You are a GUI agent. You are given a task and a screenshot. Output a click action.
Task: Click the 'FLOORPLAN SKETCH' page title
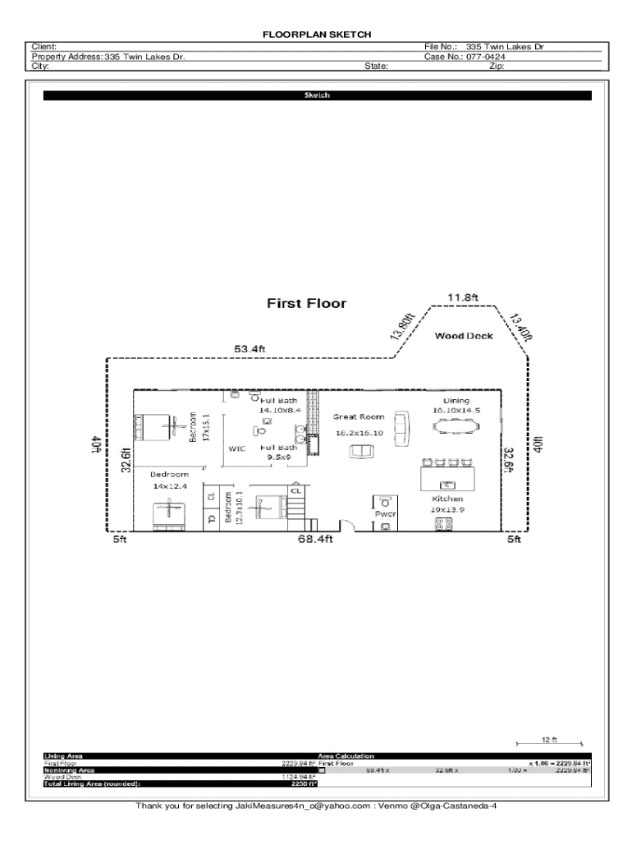[x=317, y=35]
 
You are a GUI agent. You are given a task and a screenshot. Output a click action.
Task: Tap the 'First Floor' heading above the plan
[x=306, y=304]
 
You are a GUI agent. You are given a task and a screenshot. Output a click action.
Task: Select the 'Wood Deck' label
[x=464, y=336]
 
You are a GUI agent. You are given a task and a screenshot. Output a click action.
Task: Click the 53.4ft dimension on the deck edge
[x=250, y=349]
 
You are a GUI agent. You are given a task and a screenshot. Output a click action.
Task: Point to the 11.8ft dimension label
[x=462, y=296]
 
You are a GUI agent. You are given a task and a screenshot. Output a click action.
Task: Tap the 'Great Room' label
[x=358, y=417]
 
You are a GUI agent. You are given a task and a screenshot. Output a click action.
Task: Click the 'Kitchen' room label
[x=447, y=499]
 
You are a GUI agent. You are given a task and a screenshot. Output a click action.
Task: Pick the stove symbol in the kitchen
[x=443, y=523]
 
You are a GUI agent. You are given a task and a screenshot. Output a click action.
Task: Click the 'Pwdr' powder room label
[x=385, y=514]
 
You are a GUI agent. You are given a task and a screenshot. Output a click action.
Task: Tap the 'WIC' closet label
[x=237, y=449]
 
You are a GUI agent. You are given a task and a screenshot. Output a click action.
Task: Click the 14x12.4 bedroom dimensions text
[x=169, y=486]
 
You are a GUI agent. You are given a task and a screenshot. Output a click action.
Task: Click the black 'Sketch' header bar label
[x=317, y=96]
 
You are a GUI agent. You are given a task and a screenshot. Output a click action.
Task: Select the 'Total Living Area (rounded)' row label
[x=86, y=784]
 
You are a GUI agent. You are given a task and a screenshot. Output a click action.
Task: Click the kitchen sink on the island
[x=447, y=484]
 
